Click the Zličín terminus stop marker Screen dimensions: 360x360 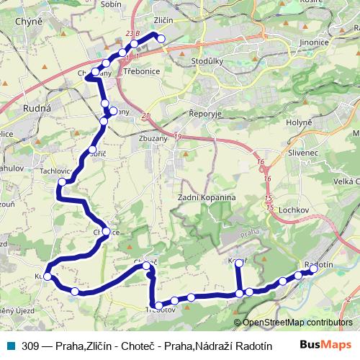point(161,39)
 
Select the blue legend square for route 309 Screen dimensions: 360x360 point(10,345)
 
